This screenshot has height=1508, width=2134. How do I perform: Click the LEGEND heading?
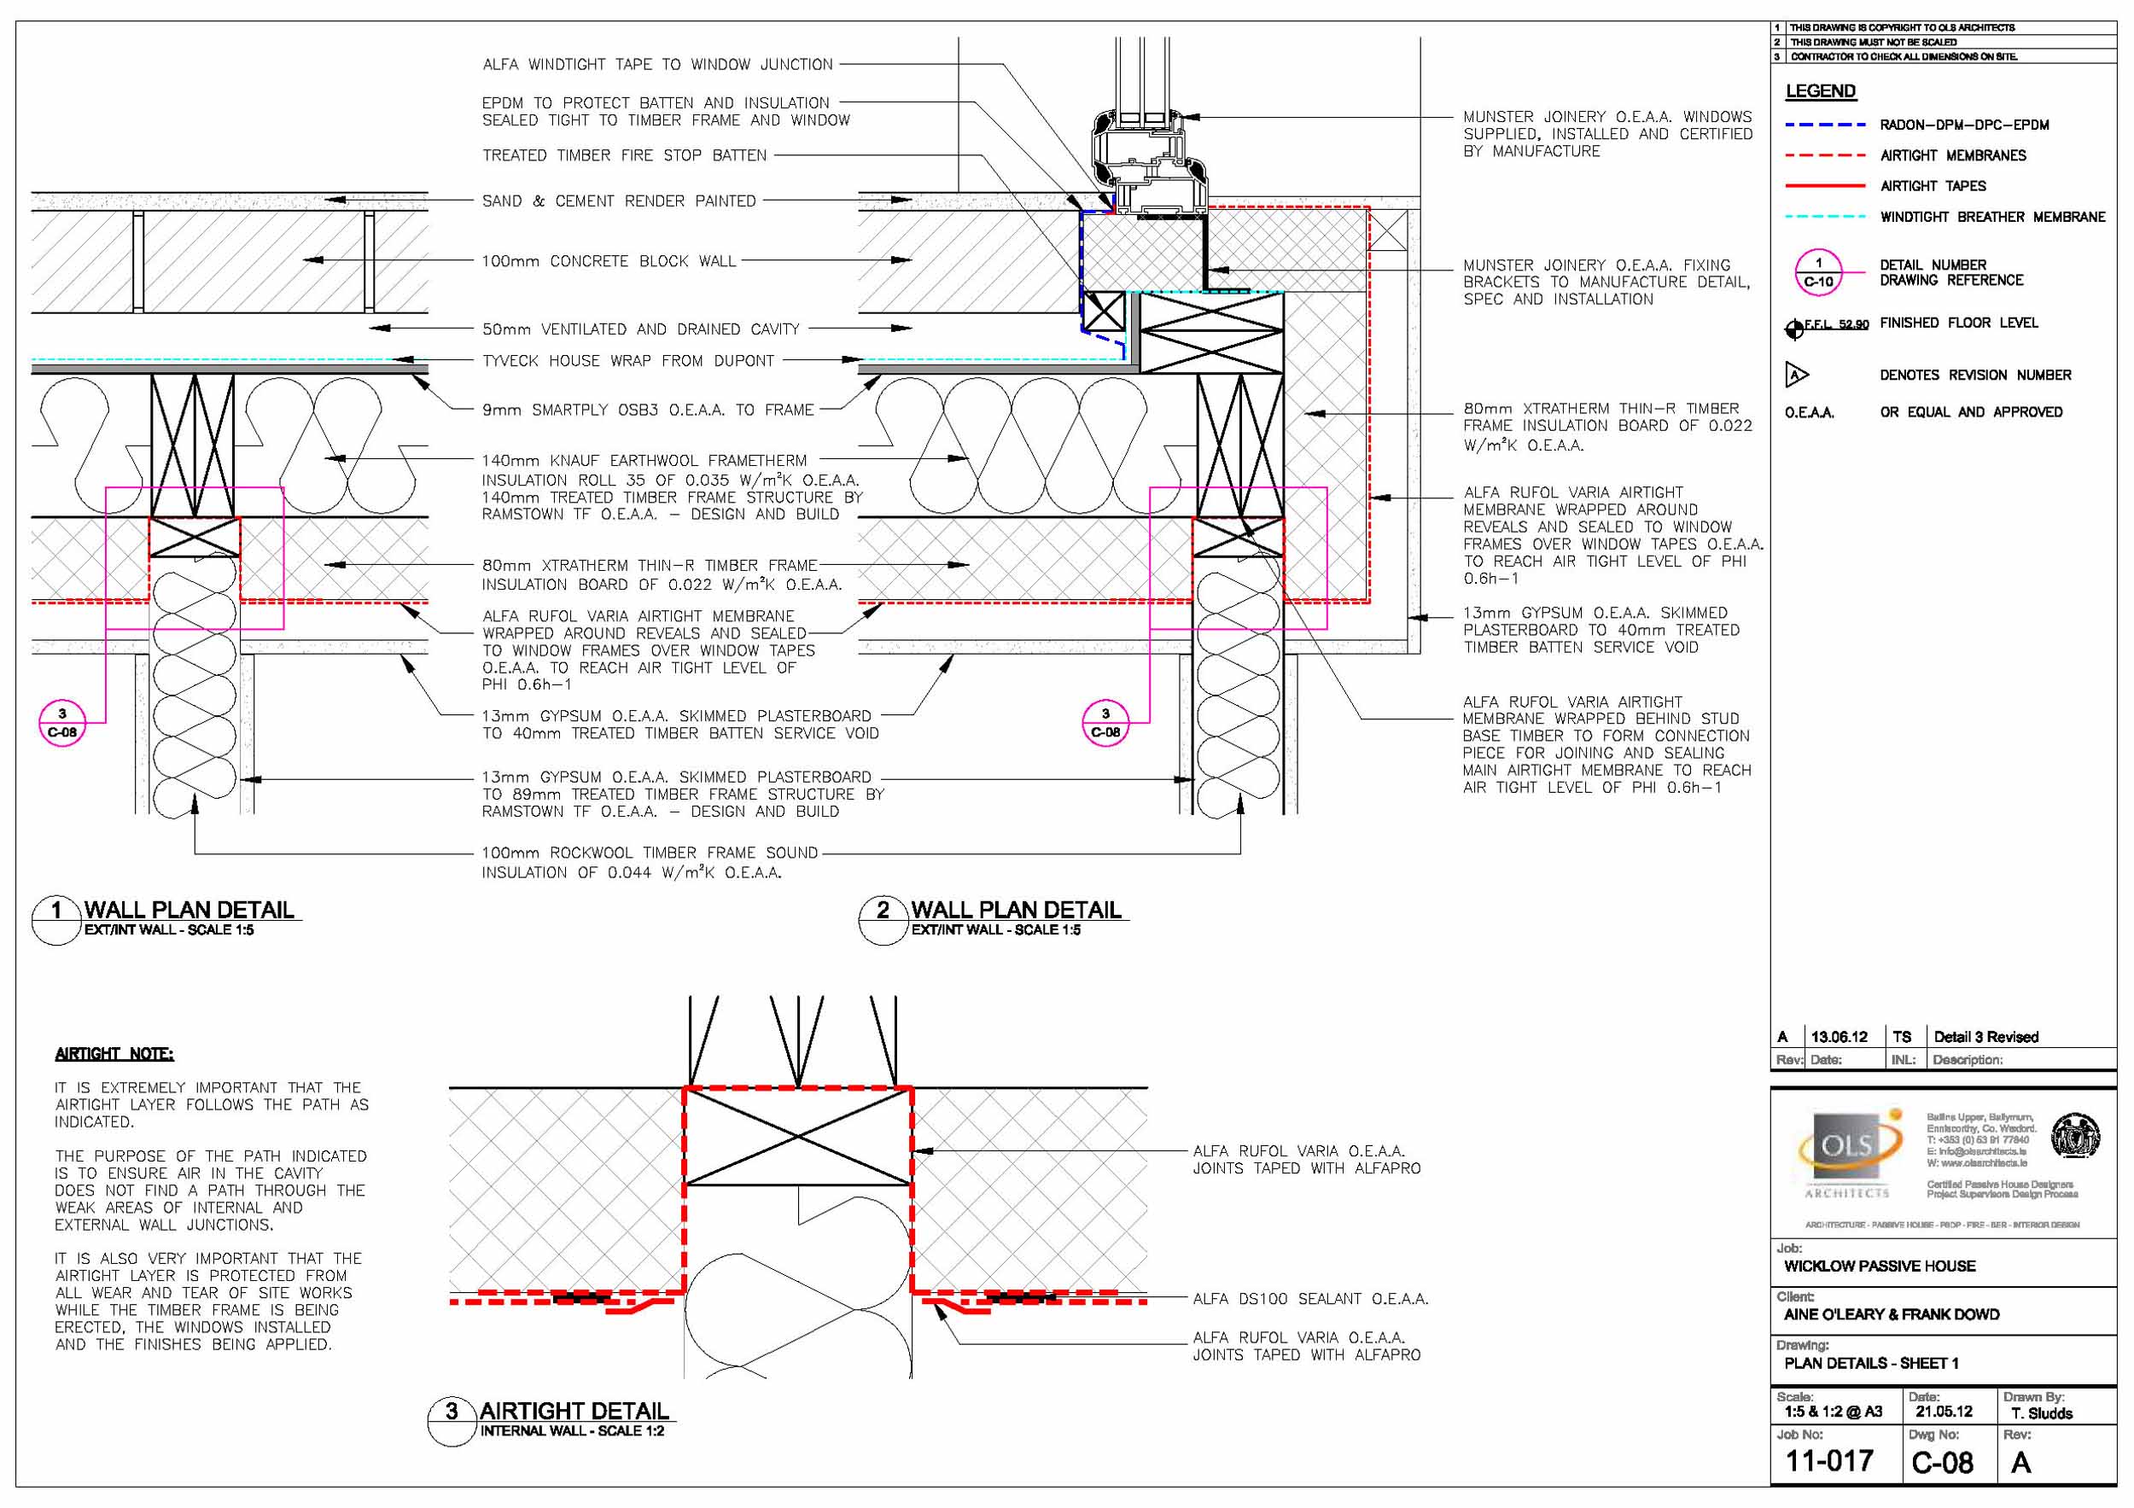(x=1820, y=91)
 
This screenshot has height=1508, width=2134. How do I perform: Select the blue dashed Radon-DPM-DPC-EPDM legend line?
(x=1824, y=125)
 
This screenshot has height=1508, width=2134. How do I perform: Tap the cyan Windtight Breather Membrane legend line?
(x=1824, y=217)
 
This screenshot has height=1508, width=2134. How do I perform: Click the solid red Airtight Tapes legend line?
(x=1824, y=186)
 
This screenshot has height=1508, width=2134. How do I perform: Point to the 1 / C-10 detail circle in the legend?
(x=1818, y=272)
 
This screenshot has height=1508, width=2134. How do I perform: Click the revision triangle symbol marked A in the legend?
(x=1796, y=376)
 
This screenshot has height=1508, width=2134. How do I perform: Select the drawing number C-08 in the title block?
(x=1942, y=1464)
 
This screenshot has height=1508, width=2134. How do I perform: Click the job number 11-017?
(x=1828, y=1462)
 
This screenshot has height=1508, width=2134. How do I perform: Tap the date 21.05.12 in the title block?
(x=1944, y=1412)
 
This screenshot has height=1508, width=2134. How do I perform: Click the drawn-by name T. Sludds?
(x=2042, y=1413)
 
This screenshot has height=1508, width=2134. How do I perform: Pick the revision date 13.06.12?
(x=1839, y=1037)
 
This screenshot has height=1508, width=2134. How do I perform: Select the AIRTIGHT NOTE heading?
(x=114, y=1054)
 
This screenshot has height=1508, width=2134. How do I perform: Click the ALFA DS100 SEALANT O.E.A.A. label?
(x=1310, y=1299)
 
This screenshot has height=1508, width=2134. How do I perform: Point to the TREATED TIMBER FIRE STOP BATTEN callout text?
(x=624, y=155)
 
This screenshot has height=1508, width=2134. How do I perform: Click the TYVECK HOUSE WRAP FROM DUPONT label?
(x=627, y=360)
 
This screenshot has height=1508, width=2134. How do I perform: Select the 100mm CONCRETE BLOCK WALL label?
(x=608, y=261)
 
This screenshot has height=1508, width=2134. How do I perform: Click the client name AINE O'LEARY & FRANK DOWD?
(x=1892, y=1315)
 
